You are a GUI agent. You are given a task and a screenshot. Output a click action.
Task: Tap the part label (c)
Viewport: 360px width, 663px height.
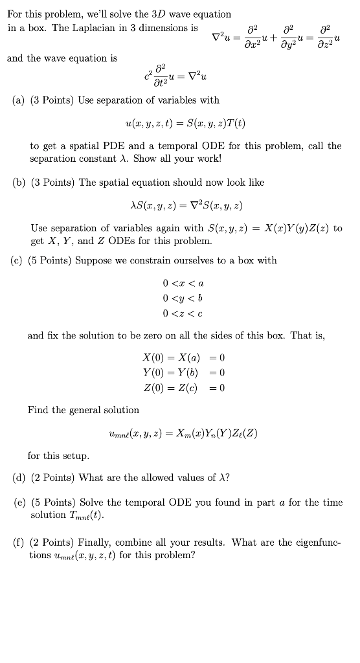[19, 260]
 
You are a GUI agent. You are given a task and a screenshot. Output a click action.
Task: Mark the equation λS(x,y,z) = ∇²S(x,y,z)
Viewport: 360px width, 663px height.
[186, 206]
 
